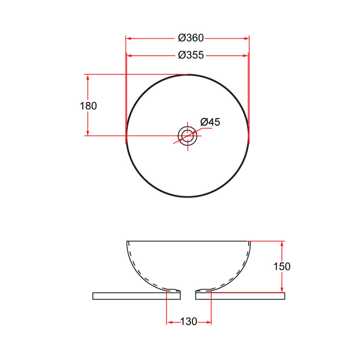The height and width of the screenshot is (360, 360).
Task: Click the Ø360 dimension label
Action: pos(191,38)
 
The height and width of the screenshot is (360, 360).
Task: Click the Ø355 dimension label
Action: pos(191,55)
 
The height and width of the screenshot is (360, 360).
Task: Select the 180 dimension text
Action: pos(88,106)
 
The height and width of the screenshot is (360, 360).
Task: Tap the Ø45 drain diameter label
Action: pos(210,122)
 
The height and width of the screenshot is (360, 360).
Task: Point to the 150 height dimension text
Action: pos(282,266)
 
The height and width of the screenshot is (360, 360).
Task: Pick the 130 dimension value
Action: pos(189,322)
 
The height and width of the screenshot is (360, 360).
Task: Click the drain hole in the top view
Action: pos(187,136)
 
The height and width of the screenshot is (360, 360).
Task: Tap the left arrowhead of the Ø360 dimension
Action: pos(128,38)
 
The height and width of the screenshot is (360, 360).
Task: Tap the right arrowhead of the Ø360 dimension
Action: pos(247,38)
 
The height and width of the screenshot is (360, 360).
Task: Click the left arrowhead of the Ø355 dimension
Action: pos(129,56)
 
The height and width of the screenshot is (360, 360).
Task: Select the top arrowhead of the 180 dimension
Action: pos(88,77)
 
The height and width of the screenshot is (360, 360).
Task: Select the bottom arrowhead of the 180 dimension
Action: pos(88,133)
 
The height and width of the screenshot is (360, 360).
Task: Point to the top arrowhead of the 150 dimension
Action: pos(282,244)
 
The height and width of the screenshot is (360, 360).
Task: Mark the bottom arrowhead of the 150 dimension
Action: pos(282,290)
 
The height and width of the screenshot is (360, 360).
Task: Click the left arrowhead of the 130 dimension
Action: pos(169,322)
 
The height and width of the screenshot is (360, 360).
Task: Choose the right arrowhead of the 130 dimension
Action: pos(208,322)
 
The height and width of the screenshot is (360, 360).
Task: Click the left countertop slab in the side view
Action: pos(136,296)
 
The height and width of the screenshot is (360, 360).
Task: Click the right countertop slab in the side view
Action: pos(240,296)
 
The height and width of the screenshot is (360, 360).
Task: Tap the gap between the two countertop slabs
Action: pos(188,296)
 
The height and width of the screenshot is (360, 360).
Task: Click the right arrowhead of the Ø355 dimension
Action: pos(246,56)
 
